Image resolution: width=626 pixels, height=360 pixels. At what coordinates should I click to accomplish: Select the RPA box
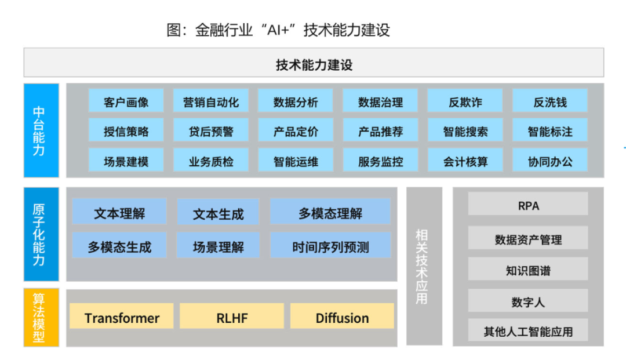528,205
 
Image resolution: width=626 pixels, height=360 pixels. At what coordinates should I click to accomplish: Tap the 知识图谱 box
528,270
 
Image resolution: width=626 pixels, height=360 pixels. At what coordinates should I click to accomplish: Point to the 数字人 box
528,301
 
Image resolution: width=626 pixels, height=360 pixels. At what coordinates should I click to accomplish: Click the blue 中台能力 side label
41,130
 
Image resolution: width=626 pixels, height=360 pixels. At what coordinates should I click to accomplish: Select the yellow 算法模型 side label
41,317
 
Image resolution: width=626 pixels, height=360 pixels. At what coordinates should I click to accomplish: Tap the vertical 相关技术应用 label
424,266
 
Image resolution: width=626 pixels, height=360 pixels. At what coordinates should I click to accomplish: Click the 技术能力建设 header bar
314,63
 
